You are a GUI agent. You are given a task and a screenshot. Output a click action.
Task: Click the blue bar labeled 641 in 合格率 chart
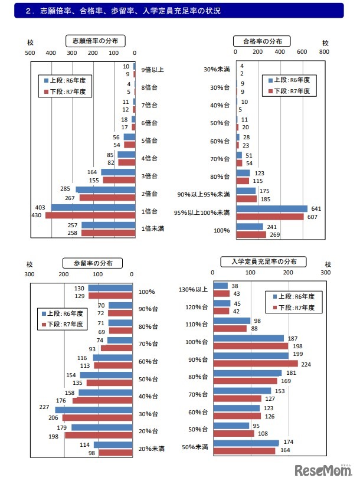[271, 208]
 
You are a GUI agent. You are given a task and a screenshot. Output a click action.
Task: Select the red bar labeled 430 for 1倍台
[90, 216]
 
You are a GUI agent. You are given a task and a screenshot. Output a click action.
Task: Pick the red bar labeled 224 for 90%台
[255, 364]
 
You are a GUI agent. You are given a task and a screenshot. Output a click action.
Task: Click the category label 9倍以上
[153, 70]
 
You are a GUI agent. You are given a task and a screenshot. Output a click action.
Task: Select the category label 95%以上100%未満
[203, 212]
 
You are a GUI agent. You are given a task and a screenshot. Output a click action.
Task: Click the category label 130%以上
[194, 289]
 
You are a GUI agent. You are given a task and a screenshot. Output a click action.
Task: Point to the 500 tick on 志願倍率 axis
[30, 53]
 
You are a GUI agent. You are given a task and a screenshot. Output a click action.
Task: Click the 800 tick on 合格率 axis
[324, 53]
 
